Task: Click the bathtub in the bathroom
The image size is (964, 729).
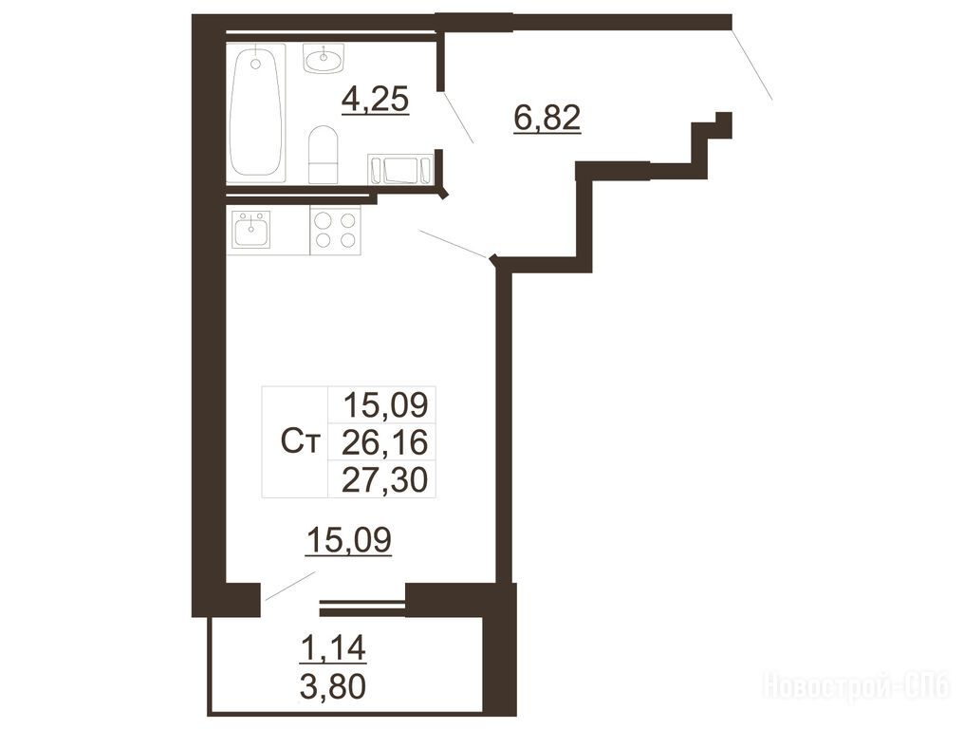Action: [x=256, y=113]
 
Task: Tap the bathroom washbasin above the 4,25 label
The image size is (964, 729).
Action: [x=324, y=59]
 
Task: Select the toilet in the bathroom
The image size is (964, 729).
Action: [x=324, y=155]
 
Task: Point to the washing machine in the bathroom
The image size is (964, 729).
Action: [x=400, y=169]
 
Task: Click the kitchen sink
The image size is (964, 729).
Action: [x=251, y=230]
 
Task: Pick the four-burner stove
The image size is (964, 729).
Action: [x=335, y=230]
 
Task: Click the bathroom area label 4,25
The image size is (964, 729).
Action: [x=375, y=100]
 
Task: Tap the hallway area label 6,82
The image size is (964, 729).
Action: [x=547, y=118]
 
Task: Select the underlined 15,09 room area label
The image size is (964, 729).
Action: [x=348, y=541]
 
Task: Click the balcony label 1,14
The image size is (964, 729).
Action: [x=333, y=648]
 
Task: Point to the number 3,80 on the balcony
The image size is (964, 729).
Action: [x=333, y=686]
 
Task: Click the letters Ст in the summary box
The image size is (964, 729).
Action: [x=301, y=441]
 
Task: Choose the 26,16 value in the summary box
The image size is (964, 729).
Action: [x=384, y=441]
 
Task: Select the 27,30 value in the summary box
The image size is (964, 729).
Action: [x=384, y=479]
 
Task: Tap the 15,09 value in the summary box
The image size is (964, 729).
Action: [x=385, y=404]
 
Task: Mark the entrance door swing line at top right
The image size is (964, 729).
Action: [x=751, y=64]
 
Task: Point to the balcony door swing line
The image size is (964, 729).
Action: [x=289, y=587]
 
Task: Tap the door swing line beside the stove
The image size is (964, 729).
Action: [x=454, y=244]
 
